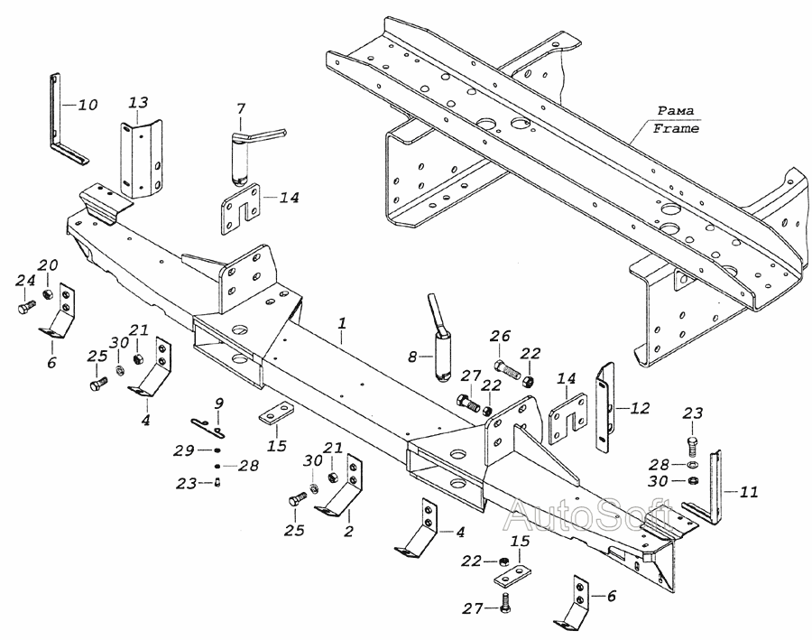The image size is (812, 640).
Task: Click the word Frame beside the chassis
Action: point(676,128)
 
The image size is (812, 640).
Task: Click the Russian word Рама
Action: point(676,110)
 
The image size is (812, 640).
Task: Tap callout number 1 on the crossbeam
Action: point(342,323)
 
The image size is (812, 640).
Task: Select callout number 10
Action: point(88,105)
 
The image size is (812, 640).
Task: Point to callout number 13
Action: point(138,103)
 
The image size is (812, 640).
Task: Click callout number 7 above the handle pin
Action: point(241,109)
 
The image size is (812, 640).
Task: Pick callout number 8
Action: point(412,357)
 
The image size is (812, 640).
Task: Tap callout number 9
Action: point(219,403)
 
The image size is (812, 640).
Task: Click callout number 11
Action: point(748,491)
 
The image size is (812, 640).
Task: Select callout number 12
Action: point(640,408)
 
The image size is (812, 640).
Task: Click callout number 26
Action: point(501,336)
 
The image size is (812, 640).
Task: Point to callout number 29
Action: point(183,450)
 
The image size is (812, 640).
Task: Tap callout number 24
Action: point(25,281)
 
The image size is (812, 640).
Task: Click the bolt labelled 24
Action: point(26,308)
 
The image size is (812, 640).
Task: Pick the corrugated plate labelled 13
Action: point(142,160)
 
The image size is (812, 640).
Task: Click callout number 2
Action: point(348,531)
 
